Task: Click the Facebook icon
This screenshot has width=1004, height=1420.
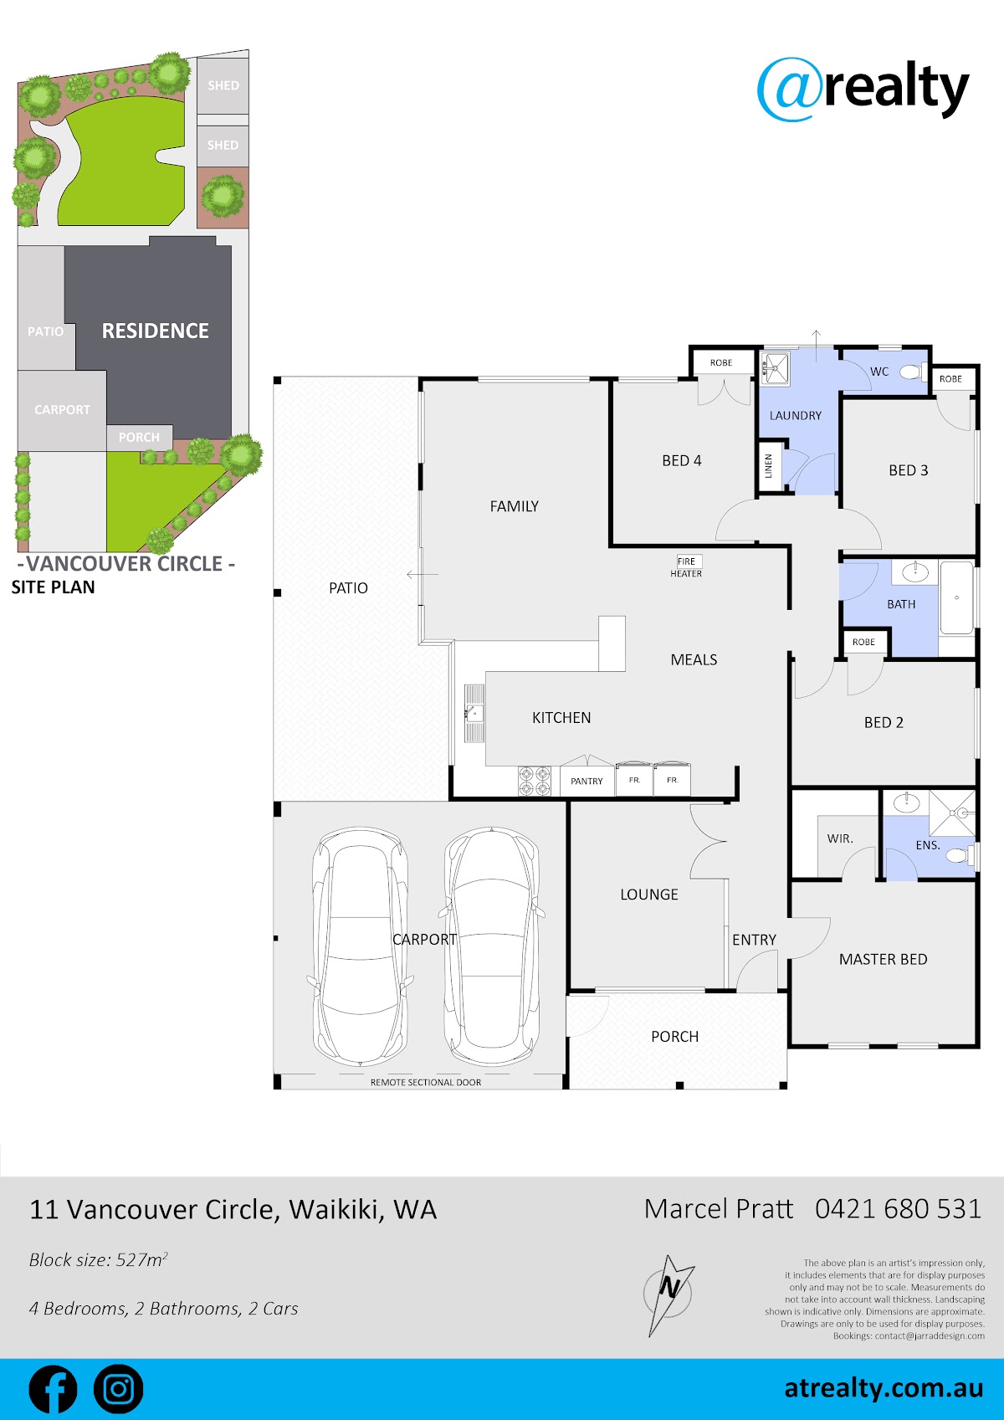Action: click(x=54, y=1389)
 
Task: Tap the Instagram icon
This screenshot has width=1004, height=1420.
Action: click(x=119, y=1389)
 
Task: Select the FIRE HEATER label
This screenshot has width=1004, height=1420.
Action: click(x=686, y=566)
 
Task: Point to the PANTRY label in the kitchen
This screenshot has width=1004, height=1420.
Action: click(x=587, y=781)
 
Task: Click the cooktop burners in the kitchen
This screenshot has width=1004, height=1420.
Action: click(x=535, y=781)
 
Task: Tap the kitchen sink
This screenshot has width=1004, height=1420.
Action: click(x=474, y=713)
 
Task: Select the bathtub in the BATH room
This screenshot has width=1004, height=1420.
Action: click(x=956, y=597)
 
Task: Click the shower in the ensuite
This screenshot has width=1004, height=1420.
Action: click(x=952, y=813)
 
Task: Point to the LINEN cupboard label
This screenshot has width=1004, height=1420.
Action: click(x=768, y=466)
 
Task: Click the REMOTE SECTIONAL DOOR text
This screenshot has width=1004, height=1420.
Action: click(x=425, y=1082)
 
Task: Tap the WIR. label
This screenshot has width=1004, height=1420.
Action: click(x=840, y=838)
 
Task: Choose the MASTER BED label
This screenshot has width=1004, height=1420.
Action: click(x=883, y=959)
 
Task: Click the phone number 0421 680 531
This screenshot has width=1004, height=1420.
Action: click(x=898, y=1209)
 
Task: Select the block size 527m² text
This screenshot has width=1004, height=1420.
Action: click(x=98, y=1259)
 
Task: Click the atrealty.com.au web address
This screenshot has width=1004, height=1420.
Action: click(x=884, y=1388)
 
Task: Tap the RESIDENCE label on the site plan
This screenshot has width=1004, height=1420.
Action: click(x=156, y=331)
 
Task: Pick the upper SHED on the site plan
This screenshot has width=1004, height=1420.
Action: click(x=223, y=85)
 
